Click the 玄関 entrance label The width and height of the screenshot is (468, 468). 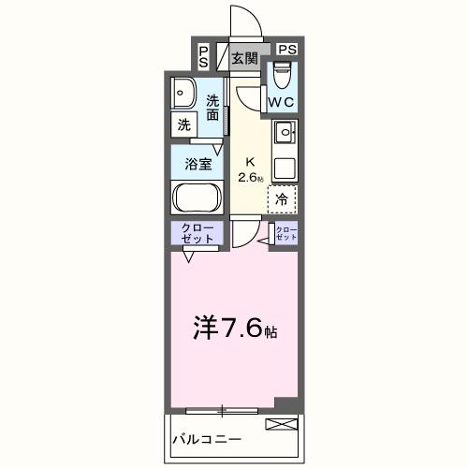245,58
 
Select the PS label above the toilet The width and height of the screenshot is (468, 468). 286,50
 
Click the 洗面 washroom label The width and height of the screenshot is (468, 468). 213,108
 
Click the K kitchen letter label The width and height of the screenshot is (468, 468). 250,160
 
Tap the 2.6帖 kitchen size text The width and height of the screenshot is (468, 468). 250,177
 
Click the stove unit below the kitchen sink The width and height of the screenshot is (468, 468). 285,167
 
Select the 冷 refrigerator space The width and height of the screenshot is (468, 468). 282,198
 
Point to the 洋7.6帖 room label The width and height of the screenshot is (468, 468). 235,329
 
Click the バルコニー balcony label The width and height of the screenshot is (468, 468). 207,439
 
